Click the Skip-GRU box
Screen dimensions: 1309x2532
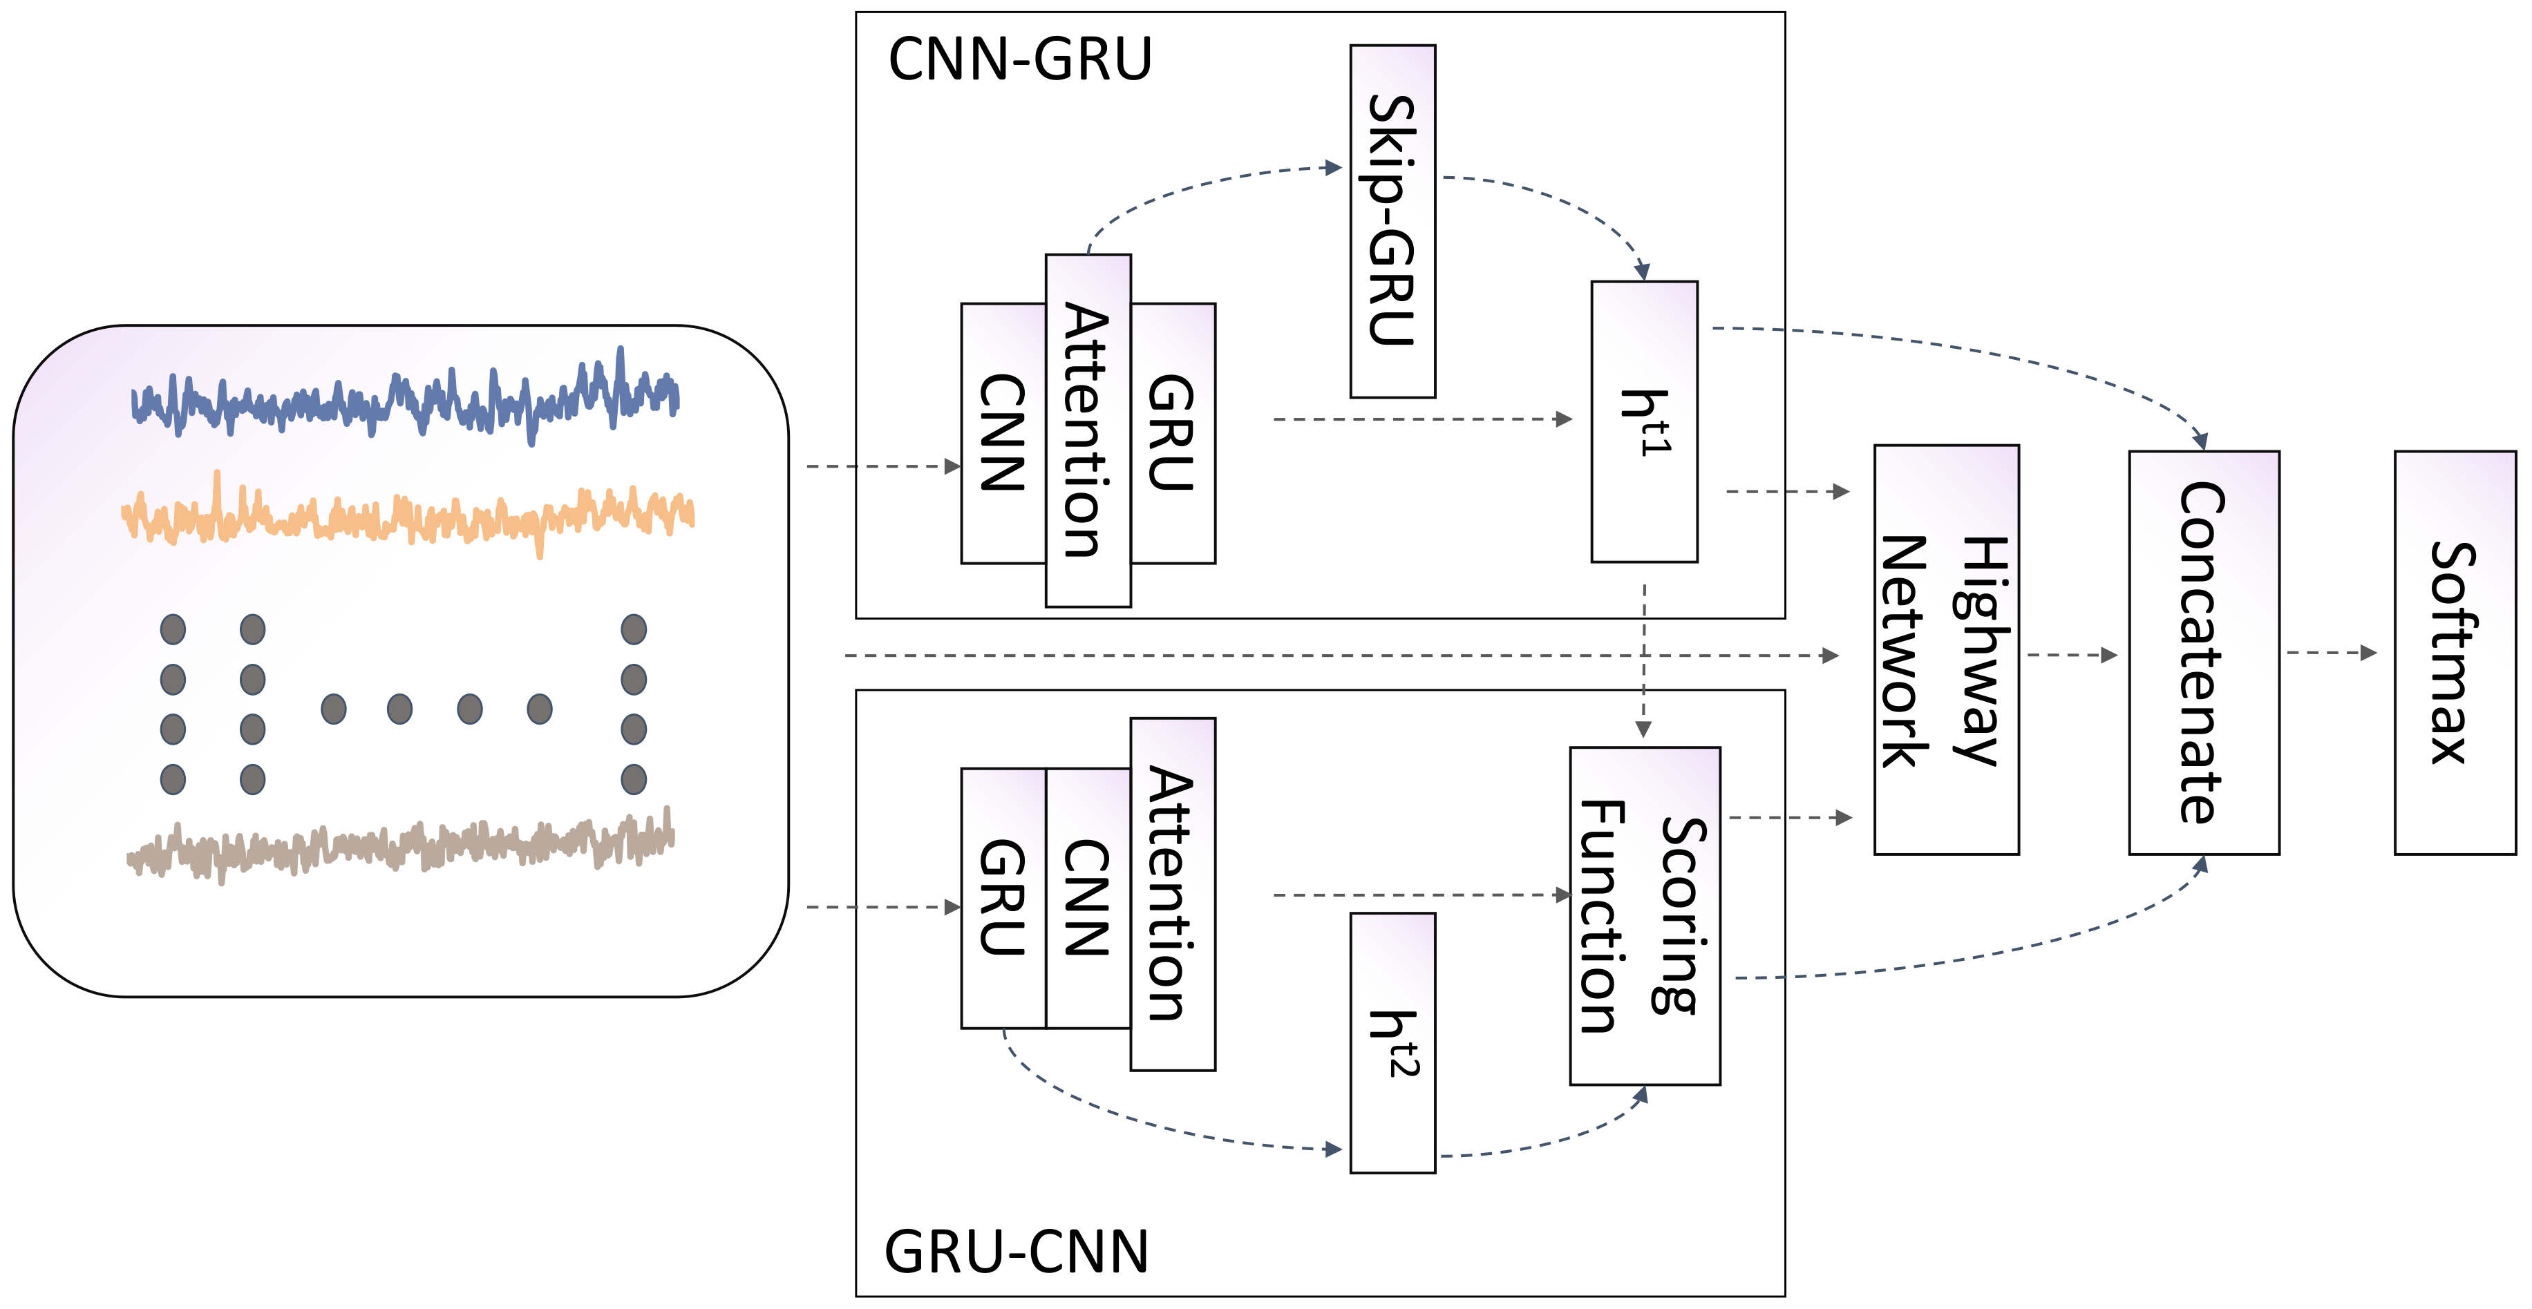tap(1392, 221)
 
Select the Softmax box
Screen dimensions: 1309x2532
tap(2455, 653)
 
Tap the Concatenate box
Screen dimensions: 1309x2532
tap(2203, 653)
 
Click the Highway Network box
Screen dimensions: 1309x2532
tap(1945, 649)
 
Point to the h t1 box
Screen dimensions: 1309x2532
tap(1643, 421)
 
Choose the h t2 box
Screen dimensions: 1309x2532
tap(1392, 1042)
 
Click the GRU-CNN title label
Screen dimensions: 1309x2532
tap(1017, 1252)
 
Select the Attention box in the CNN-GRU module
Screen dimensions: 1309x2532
tap(1087, 430)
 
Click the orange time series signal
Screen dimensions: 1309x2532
tap(403, 517)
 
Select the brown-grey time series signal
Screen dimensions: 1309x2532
tap(403, 845)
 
